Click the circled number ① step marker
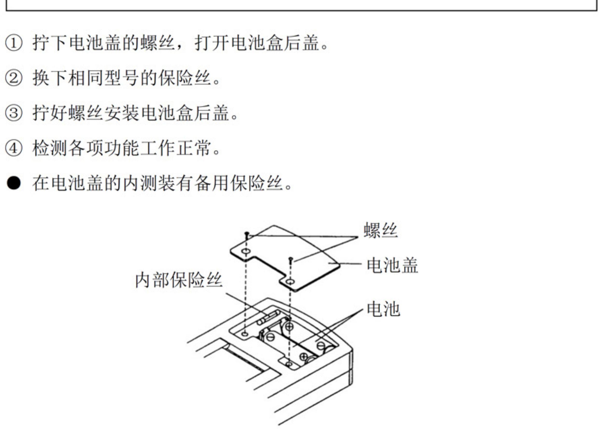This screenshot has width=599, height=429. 14,43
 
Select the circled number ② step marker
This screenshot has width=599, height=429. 14,79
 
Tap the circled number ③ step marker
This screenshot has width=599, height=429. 14,113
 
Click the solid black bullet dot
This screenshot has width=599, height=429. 14,183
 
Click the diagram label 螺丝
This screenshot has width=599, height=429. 380,230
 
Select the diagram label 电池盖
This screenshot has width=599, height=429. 392,265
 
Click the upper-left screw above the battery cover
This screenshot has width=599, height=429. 247,234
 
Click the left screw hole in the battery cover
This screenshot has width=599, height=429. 246,251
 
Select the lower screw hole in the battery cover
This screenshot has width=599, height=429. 291,282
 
